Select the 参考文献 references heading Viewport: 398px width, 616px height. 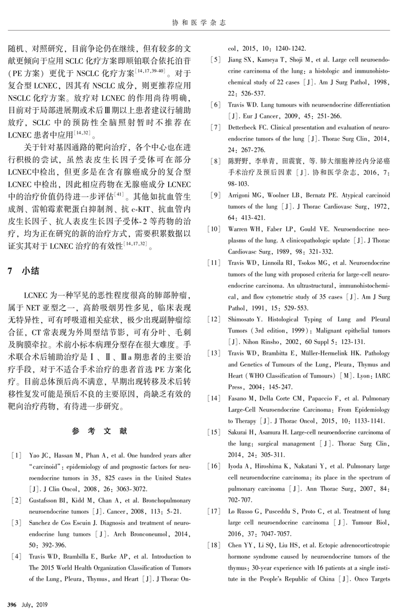tap(99, 431)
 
